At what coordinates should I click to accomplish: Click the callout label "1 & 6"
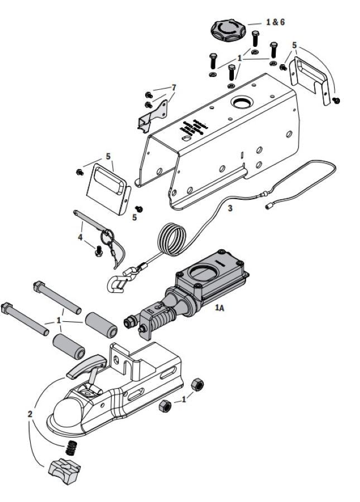pyautogui.click(x=275, y=22)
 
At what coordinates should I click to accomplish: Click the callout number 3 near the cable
pyautogui.click(x=230, y=208)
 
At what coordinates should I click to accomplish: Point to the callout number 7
pyautogui.click(x=174, y=88)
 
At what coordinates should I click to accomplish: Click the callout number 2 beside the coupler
pyautogui.click(x=30, y=413)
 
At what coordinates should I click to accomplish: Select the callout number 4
pyautogui.click(x=80, y=237)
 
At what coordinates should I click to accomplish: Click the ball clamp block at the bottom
pyautogui.click(x=65, y=470)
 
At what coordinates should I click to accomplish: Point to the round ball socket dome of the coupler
pyautogui.click(x=66, y=411)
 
